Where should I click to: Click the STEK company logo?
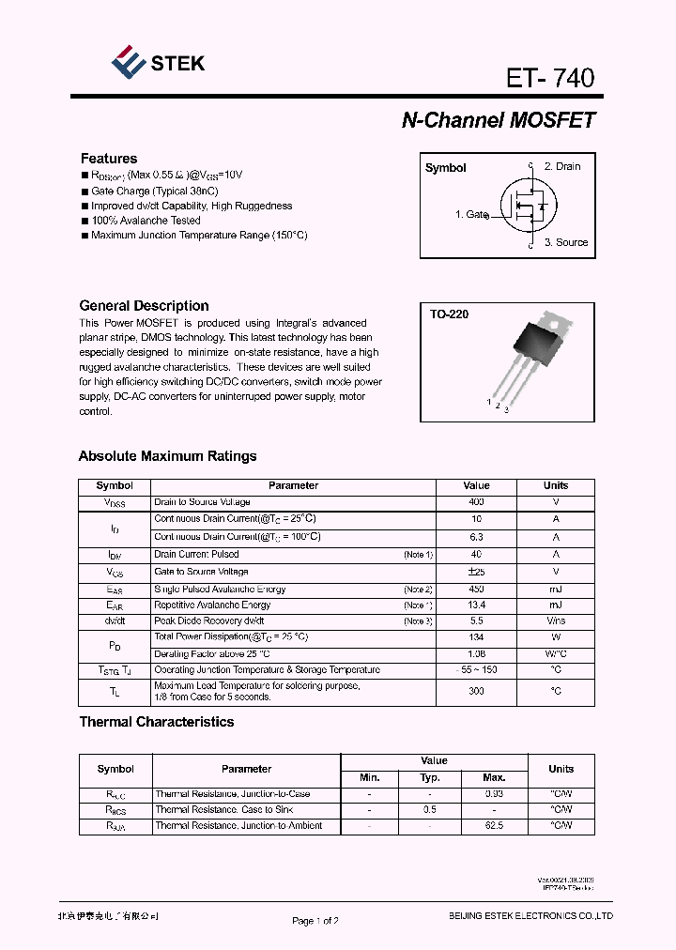pyautogui.click(x=157, y=63)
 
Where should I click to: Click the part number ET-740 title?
pyautogui.click(x=550, y=78)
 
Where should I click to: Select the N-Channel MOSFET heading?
pyautogui.click(x=498, y=120)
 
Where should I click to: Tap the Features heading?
pyautogui.click(x=108, y=159)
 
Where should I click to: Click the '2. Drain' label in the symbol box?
pyautogui.click(x=562, y=166)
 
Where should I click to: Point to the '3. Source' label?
pyautogui.click(x=566, y=242)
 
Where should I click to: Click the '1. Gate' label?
pyautogui.click(x=471, y=215)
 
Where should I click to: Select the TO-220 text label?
pyautogui.click(x=449, y=314)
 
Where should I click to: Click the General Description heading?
pyautogui.click(x=144, y=306)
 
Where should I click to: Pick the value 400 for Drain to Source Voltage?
pyautogui.click(x=476, y=502)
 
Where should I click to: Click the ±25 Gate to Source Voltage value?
pyautogui.click(x=476, y=572)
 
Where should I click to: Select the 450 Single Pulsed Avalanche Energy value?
pyautogui.click(x=476, y=590)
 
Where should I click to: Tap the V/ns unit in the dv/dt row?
pyautogui.click(x=556, y=621)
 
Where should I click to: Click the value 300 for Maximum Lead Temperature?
pyautogui.click(x=476, y=691)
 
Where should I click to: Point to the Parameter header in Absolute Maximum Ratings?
pyautogui.click(x=293, y=485)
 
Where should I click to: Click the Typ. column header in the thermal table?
pyautogui.click(x=430, y=777)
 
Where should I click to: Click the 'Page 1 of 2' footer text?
pyautogui.click(x=315, y=921)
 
